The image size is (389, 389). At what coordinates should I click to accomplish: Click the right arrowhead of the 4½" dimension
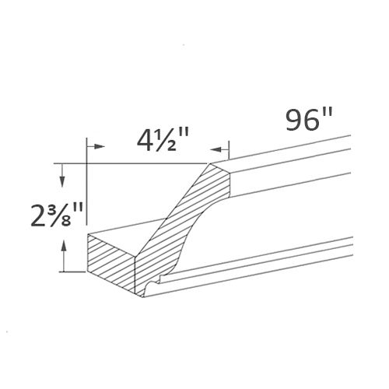point(224,147)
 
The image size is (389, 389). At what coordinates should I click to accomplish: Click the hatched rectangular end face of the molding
point(111,263)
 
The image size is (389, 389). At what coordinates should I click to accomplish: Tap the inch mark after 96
point(328,115)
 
